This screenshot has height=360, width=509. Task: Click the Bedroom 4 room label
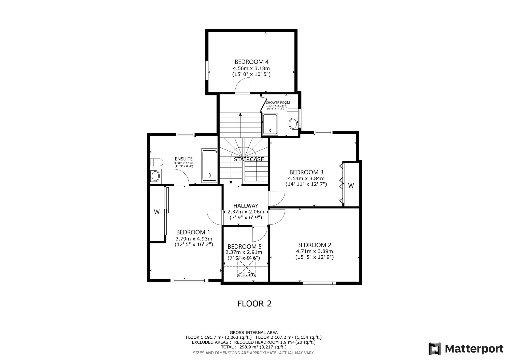coord(251,62)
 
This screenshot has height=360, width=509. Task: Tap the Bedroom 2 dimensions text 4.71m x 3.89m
coord(314,251)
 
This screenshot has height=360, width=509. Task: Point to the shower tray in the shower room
coord(270,124)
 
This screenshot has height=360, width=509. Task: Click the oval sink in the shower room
coord(293,123)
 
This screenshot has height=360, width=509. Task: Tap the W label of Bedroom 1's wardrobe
coord(157,212)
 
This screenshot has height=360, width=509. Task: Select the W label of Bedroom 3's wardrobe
coord(351,186)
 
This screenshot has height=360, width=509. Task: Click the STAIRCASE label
coord(249,159)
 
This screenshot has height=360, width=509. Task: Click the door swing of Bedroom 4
coord(243,86)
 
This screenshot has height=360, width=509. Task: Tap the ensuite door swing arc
coord(181,177)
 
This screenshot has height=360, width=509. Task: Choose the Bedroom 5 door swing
coord(260,234)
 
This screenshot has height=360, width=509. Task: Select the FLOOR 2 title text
coord(254,303)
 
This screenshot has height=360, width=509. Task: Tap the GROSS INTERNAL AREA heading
coord(254,332)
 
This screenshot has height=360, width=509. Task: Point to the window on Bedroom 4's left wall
coord(207,71)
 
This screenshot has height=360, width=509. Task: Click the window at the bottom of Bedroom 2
coord(319,283)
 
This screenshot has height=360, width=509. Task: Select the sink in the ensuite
coord(155,176)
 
